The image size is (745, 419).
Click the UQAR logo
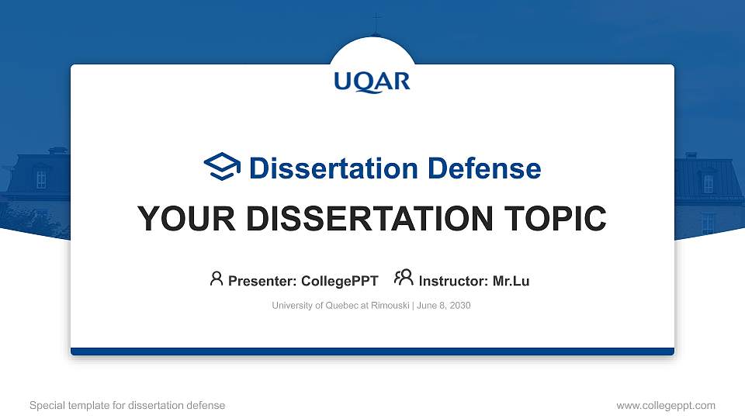tap(372, 81)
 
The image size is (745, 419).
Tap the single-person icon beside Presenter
tap(217, 279)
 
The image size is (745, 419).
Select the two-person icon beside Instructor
tap(404, 278)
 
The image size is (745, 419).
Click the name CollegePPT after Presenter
tap(339, 281)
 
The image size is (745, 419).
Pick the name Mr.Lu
tap(511, 281)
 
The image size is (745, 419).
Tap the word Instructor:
tap(453, 281)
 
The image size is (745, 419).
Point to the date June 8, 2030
tap(444, 306)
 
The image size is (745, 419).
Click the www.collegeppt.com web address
tap(665, 405)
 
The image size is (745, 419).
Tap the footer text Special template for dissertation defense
tap(127, 405)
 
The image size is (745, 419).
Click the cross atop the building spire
tap(376, 19)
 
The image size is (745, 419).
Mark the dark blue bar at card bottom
tap(372, 351)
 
